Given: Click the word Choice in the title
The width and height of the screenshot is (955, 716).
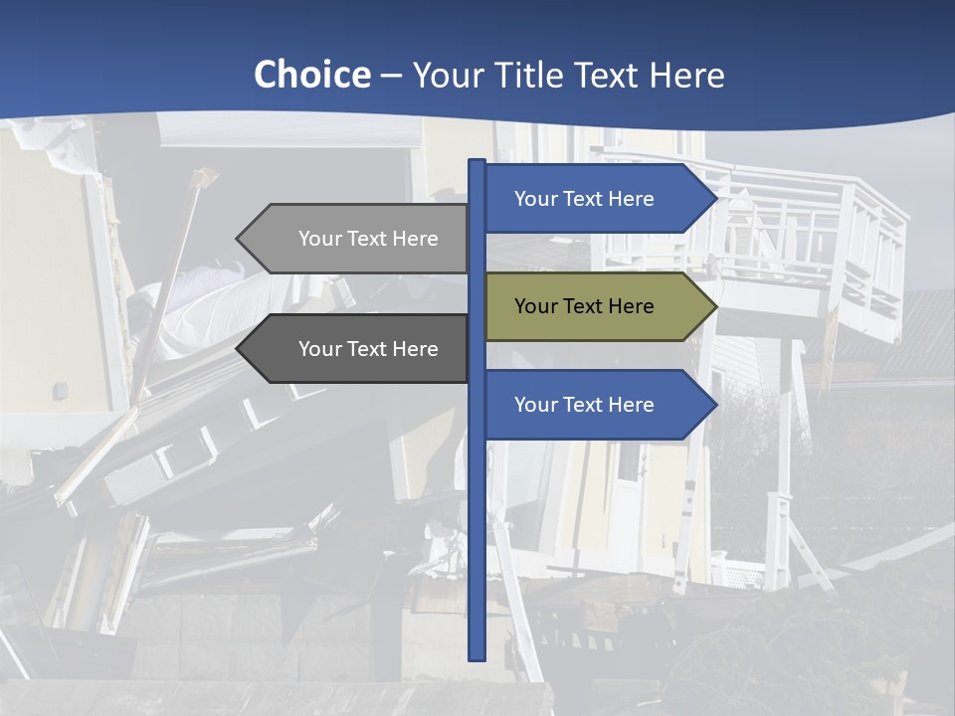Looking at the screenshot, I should coord(311,75).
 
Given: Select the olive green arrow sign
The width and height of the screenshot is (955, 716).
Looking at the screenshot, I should coord(597,307).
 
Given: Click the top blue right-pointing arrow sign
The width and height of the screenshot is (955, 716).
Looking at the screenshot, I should coord(597,199).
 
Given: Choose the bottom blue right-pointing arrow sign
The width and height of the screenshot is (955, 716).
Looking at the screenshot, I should coord(597,405).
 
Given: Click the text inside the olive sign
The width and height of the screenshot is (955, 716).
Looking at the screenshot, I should coord(584,306).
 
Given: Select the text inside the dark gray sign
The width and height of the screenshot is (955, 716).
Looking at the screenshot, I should coord(368,349).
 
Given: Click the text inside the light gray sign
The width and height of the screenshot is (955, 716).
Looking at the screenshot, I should coord(368,239).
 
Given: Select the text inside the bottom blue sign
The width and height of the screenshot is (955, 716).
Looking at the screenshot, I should coord(584,405).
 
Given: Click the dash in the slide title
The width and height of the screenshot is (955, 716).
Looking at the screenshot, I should coord(391,77).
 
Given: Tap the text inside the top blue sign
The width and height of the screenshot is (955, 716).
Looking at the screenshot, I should coord(584,199).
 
